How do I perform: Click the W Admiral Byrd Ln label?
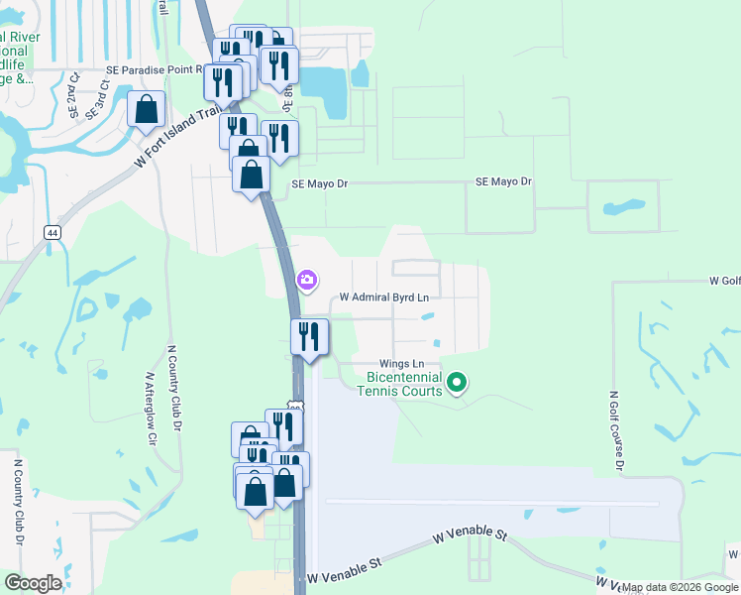coord(384,297)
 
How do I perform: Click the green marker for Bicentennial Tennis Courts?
coord(457,381)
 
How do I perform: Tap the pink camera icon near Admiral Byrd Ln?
coord(307,281)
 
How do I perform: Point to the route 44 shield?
coord(52,231)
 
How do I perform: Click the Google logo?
coord(33,583)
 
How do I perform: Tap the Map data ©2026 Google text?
coord(680,587)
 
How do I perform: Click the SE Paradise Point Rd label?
coord(155,70)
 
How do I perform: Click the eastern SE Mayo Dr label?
coord(504,182)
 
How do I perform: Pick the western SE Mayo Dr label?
coord(320,183)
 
